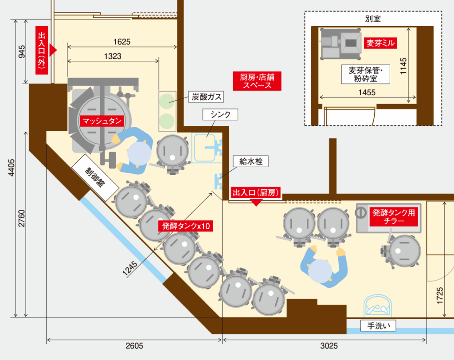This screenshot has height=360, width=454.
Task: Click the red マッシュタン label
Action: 102,121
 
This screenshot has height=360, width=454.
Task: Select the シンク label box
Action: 220,114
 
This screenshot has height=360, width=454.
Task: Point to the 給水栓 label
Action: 251,161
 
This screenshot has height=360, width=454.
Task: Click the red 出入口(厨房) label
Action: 256,192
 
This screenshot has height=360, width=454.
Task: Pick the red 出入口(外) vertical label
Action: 42,51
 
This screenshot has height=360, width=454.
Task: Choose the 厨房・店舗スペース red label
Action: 257,81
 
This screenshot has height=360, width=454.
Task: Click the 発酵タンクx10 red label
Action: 186,226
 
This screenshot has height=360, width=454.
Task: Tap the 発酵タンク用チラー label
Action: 394,217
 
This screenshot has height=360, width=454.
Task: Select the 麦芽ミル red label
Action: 380,43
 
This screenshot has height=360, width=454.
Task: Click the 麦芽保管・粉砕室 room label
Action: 366,74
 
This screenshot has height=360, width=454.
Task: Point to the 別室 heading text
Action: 373,19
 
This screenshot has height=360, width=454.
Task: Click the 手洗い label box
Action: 378,326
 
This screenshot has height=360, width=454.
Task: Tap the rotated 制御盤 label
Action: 95,177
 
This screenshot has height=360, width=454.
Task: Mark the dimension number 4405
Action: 11,167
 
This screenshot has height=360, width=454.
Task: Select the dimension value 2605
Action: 134,346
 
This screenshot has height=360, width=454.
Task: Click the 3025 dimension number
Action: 329,346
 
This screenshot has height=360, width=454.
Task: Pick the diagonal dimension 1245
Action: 130,269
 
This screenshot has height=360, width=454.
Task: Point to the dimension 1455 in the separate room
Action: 367,92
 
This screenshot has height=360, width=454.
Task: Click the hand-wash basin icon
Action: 378,306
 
